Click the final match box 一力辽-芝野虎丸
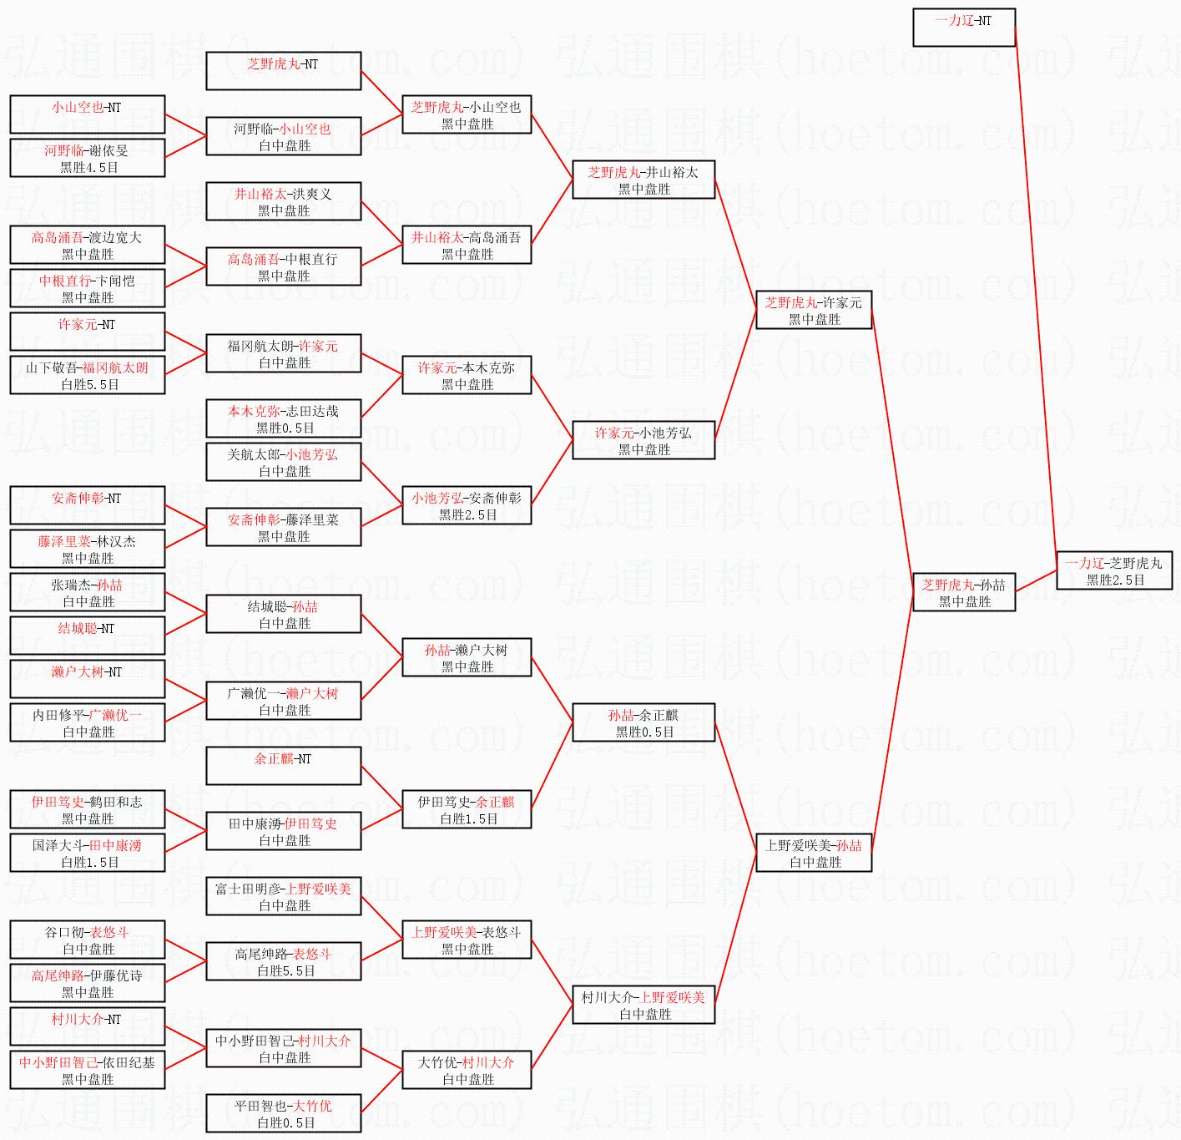[x=1114, y=570]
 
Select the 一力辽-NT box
[x=964, y=28]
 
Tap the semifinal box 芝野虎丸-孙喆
[x=964, y=592]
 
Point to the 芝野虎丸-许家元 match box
[x=813, y=310]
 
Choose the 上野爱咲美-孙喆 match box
[x=813, y=853]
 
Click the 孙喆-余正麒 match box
[x=643, y=722]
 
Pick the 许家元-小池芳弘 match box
[x=643, y=440]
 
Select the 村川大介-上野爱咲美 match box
[x=643, y=1005]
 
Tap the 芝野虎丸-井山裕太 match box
[x=643, y=180]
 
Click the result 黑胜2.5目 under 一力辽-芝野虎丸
[x=1115, y=580]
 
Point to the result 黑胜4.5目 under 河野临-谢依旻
[x=88, y=167]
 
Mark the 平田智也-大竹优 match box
[x=284, y=1113]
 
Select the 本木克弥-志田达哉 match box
[x=284, y=418]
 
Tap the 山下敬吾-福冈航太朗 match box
[x=88, y=375]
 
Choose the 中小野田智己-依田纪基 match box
[x=88, y=1070]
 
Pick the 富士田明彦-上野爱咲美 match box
[x=284, y=896]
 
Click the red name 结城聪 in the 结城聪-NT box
[x=78, y=628]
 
